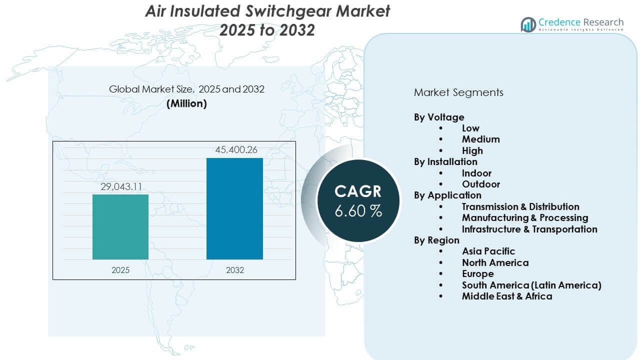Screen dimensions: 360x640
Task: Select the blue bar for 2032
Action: (234, 208)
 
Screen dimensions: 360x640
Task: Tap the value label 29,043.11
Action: (120, 186)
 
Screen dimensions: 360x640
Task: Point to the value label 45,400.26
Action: (235, 150)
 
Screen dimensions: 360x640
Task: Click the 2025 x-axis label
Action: (120, 270)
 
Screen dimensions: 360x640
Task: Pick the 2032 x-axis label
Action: (235, 270)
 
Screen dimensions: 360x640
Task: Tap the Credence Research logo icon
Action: (528, 24)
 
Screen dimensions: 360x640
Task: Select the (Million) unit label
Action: (186, 103)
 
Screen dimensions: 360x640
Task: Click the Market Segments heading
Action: (458, 92)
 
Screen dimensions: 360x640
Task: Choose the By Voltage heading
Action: (439, 117)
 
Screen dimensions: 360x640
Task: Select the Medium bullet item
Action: (480, 139)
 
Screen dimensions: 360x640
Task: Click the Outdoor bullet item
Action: (480, 184)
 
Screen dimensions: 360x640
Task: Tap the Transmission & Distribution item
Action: (520, 206)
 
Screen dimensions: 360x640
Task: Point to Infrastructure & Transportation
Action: (529, 229)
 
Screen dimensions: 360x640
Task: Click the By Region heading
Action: (436, 240)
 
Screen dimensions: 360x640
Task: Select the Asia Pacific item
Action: (488, 251)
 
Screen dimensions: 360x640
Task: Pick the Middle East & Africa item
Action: (507, 296)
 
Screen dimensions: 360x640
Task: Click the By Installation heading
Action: (445, 161)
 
